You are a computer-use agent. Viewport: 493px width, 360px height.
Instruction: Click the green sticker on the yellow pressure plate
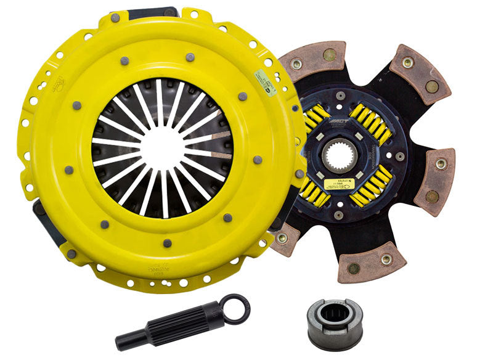click(x=266, y=81)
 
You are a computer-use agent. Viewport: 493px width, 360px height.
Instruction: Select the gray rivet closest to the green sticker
click(x=242, y=96)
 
